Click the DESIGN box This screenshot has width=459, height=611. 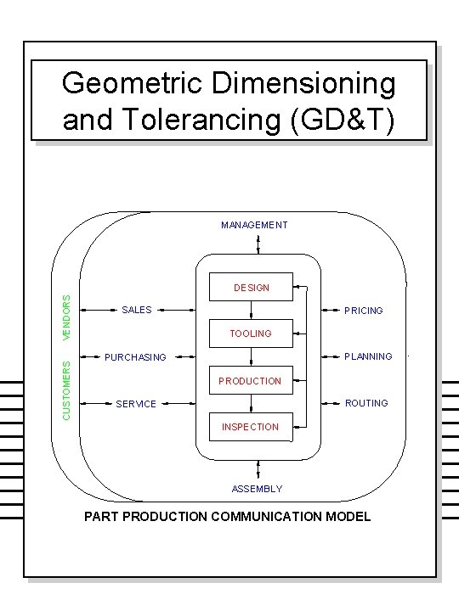click(x=251, y=288)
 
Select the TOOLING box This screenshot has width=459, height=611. click(x=251, y=334)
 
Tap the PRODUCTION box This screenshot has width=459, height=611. click(x=250, y=381)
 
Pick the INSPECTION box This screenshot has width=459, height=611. click(x=250, y=427)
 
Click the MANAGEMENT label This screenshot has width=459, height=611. click(x=254, y=225)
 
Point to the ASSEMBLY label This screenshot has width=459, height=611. click(x=257, y=489)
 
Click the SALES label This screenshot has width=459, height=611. click(x=137, y=310)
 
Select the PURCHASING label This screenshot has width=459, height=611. click(x=135, y=357)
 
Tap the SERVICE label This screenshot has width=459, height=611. click(x=136, y=404)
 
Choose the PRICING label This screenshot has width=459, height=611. click(x=364, y=311)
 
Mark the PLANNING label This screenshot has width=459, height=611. click(x=368, y=356)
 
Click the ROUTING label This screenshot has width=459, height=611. click(x=366, y=403)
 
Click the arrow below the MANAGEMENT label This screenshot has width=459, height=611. click(x=258, y=244)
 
